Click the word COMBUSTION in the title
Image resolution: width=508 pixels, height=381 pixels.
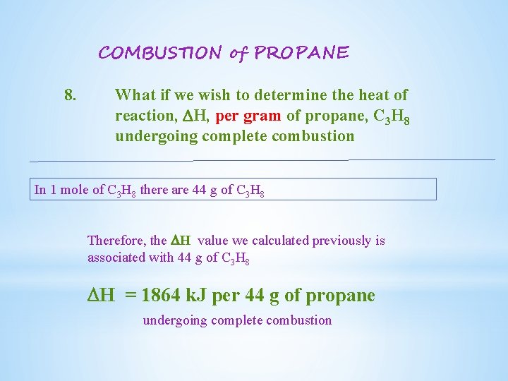159,53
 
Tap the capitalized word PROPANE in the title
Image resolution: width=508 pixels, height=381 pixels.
301,53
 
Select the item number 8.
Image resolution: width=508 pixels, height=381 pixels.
71,95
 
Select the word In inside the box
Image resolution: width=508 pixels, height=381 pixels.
40,189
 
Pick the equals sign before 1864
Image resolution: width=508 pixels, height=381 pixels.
131,295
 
